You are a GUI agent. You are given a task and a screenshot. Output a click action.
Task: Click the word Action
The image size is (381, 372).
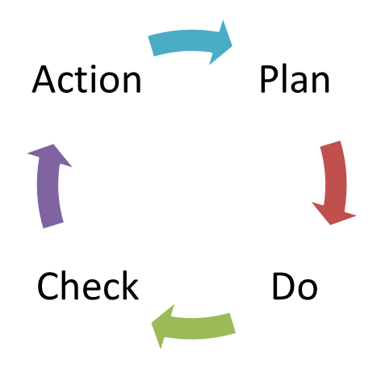tap(86, 79)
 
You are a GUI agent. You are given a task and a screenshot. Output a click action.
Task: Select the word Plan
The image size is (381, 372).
tap(295, 79)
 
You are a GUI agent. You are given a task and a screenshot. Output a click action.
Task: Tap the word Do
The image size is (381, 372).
tap(295, 286)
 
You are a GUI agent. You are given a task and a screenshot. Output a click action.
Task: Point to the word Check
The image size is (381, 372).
tap(88, 286)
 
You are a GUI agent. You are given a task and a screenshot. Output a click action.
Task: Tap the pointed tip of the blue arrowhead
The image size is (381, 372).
tap(232, 46)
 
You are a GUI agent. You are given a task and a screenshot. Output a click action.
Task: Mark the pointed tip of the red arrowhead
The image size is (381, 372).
tap(330, 224)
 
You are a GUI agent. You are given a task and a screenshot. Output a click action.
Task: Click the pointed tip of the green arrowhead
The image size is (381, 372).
tap(152, 323)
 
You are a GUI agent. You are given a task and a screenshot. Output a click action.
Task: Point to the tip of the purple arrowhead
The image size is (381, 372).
tap(53, 144)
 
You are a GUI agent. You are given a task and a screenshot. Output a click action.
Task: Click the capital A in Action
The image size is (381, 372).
tap(44, 79)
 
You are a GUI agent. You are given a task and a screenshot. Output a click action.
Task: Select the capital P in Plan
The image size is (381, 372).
tap(270, 79)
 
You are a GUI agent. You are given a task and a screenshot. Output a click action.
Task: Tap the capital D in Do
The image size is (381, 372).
tap(283, 286)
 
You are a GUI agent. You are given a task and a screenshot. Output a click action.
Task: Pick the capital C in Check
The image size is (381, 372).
tap(48, 286)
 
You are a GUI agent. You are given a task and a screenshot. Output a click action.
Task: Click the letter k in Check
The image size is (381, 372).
tap(130, 285)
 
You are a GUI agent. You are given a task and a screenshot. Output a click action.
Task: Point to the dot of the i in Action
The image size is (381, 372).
tap(94, 67)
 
